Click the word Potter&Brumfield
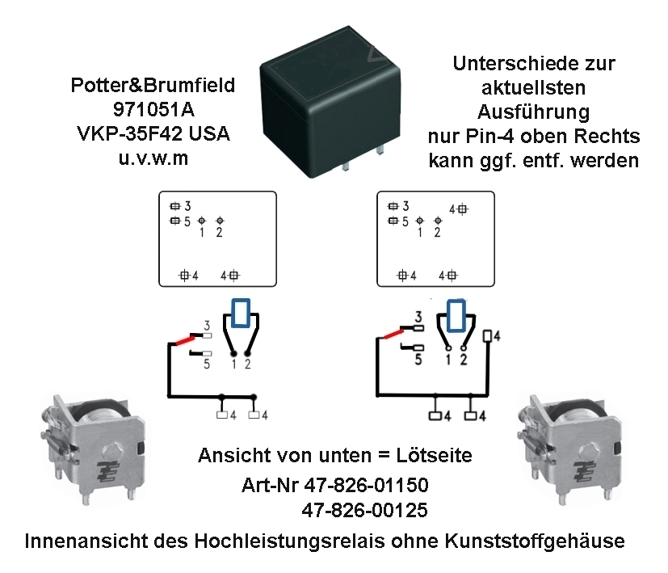tap(153, 86)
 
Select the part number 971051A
tap(153, 110)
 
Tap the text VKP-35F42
tap(130, 134)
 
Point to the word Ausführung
tap(534, 112)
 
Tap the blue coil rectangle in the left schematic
tap(241, 314)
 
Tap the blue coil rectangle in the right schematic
tap(456, 315)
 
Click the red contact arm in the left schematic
tap(185, 340)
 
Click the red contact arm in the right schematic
tap(394, 334)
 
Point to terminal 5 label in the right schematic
tap(418, 360)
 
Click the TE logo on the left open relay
tap(106, 471)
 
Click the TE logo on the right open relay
tap(583, 472)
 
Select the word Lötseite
tap(434, 455)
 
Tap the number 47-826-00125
tap(364, 510)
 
